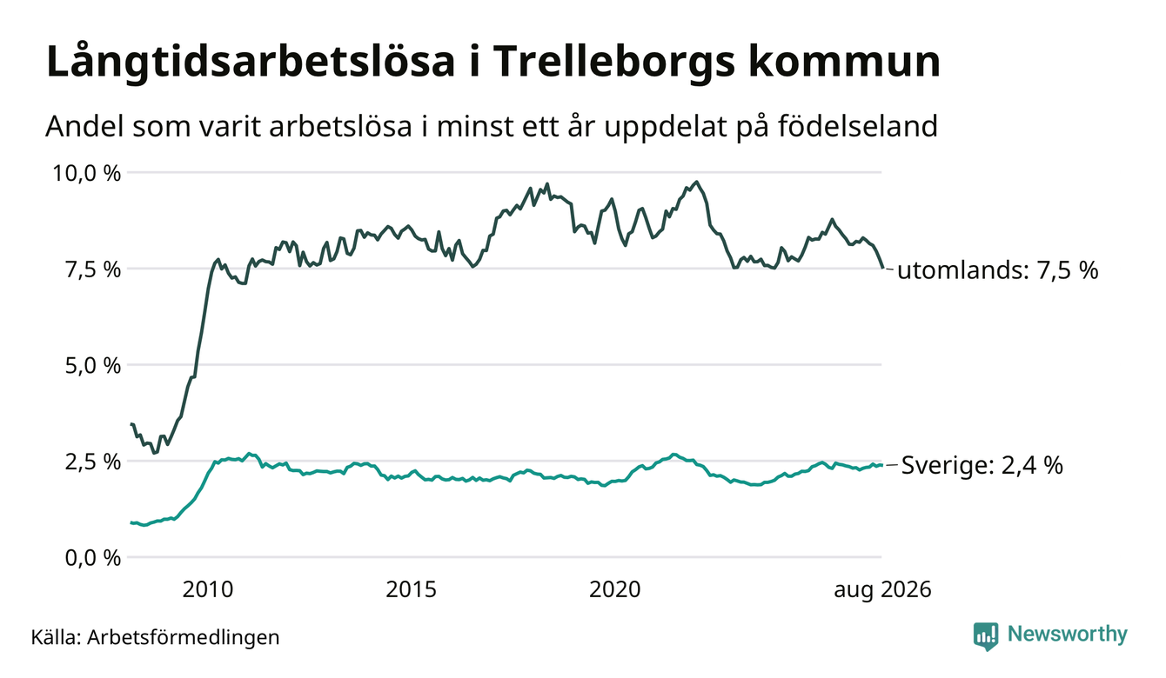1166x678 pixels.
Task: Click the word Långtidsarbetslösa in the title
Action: pos(251,63)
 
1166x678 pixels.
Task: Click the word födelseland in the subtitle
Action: pos(858,126)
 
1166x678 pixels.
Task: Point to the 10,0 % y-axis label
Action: pos(86,173)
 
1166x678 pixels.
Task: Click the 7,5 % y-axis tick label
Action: pos(92,269)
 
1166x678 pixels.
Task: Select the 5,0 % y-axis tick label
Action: pos(92,366)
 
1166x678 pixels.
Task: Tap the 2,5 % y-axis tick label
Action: pos(92,462)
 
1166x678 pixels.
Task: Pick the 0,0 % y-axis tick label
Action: pos(92,558)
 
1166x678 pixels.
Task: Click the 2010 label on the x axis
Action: pos(208,589)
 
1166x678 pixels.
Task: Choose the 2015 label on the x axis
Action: pos(411,589)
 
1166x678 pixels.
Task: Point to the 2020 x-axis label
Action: pos(614,589)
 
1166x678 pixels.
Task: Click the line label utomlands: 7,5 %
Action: pos(998,270)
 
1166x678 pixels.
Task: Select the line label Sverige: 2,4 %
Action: pos(982,465)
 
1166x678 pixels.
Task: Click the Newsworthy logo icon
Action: pos(986,636)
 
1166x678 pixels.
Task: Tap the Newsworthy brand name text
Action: pos(1067,635)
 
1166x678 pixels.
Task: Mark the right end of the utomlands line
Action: pos(882,268)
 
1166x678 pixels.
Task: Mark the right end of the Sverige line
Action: pos(881,465)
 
